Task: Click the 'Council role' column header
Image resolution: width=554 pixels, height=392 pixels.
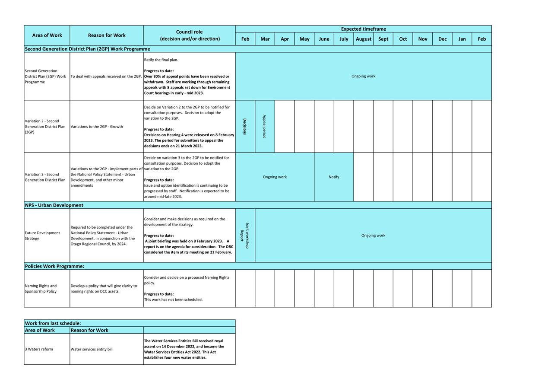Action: [x=190, y=35]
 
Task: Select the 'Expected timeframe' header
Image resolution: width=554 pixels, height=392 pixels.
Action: [x=363, y=29]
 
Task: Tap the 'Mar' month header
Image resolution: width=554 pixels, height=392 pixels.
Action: [x=265, y=39]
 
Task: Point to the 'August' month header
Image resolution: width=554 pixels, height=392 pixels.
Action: [x=363, y=39]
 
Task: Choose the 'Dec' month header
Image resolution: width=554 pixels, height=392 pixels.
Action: [x=442, y=39]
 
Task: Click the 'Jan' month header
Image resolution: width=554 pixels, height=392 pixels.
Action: [x=462, y=39]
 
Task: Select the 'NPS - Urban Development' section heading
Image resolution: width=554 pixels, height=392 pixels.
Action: [x=54, y=205]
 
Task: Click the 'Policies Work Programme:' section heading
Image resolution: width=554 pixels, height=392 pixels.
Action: [x=54, y=266]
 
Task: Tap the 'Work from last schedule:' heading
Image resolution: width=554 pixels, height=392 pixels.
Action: [x=53, y=323]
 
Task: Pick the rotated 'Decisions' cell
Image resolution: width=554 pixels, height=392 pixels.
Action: [x=245, y=127]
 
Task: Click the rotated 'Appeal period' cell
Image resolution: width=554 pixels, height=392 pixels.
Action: [x=264, y=127]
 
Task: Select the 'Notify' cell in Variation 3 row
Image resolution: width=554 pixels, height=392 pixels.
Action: [x=334, y=177]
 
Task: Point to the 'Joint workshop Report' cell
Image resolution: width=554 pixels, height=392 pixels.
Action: [x=245, y=236]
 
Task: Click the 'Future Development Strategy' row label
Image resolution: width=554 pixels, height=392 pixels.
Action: [x=42, y=236]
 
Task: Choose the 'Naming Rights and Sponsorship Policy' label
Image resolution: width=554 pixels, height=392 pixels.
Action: [x=41, y=289]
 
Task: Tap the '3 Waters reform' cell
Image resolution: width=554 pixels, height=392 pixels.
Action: [x=39, y=349]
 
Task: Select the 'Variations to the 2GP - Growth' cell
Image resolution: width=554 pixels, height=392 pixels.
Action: [x=97, y=127]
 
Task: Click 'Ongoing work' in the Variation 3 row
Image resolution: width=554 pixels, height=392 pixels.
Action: [x=275, y=177]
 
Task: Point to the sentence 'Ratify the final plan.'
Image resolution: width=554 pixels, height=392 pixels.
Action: [x=161, y=60]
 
